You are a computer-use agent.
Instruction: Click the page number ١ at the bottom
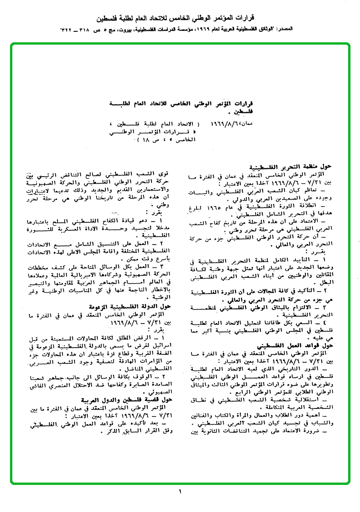tap(180, 491)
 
